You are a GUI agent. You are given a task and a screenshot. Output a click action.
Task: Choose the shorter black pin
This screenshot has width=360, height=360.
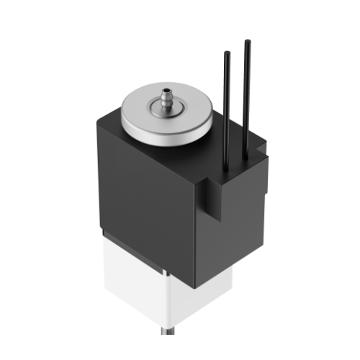coord(228,108)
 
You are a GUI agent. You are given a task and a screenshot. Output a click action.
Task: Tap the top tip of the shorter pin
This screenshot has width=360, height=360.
coord(228,53)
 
